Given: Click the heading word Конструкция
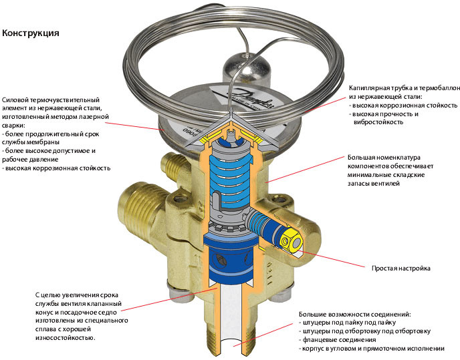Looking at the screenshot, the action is [31, 33].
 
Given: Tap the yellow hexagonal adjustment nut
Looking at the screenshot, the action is [290, 241].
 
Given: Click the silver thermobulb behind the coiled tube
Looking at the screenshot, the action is [247, 68].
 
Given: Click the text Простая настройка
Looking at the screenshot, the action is [400, 268].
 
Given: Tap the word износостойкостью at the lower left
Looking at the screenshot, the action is [65, 338].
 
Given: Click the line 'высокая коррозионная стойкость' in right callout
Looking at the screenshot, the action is [405, 106].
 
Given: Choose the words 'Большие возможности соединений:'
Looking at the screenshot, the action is [355, 315].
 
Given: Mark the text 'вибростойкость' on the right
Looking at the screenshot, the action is [378, 122].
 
